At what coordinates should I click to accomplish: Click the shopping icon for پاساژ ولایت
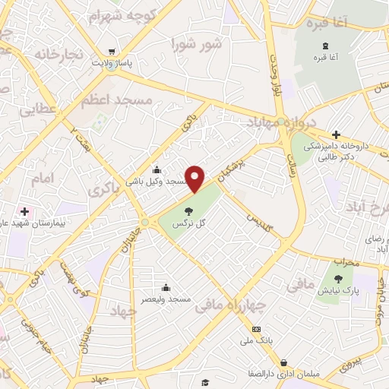click(x=112, y=52)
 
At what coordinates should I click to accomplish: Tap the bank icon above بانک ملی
click(x=256, y=329)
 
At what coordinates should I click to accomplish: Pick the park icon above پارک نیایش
click(x=337, y=280)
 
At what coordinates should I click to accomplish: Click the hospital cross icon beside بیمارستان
click(x=24, y=210)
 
